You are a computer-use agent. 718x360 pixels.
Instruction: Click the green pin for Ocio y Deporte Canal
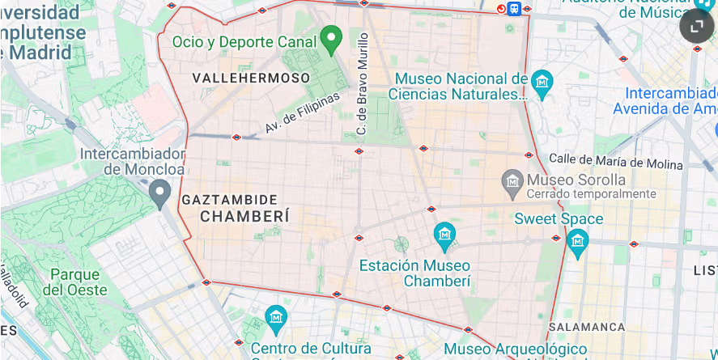[x=329, y=38]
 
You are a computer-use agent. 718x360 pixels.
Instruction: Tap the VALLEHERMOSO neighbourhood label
[x=251, y=78]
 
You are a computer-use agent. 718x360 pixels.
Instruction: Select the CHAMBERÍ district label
[x=244, y=216]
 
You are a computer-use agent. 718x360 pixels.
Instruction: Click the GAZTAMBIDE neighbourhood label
[x=230, y=199]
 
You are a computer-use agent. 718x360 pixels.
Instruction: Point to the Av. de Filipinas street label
[x=303, y=113]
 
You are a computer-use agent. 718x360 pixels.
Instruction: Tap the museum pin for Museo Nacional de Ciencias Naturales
[x=542, y=81]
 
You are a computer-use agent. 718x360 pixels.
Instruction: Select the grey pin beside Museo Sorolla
[x=512, y=180]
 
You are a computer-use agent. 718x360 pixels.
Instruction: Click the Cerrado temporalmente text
[x=591, y=194]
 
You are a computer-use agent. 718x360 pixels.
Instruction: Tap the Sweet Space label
[x=559, y=218]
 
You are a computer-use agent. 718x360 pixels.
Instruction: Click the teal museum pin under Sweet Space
[x=577, y=240]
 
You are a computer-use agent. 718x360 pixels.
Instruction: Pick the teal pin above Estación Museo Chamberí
[x=444, y=235]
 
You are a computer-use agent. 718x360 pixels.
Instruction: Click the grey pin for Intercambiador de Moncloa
[x=160, y=193]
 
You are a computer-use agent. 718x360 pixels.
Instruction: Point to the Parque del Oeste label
[x=74, y=282]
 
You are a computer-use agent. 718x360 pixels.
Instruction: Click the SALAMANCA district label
[x=587, y=327]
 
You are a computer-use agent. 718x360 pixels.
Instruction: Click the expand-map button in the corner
[x=696, y=27]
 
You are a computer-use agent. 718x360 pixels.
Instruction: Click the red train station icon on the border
[x=514, y=9]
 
